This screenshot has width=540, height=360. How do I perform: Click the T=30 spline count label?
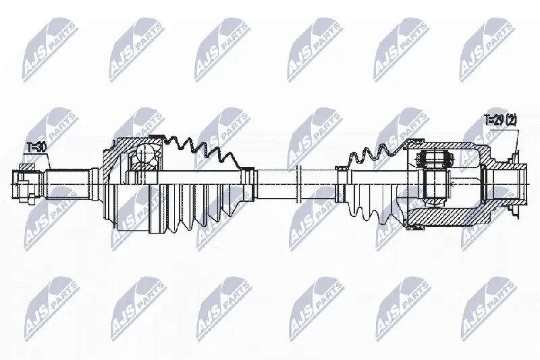click(36, 147)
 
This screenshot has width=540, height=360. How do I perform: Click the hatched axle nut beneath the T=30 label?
click(27, 168)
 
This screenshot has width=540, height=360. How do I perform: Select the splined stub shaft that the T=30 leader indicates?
click(67, 184)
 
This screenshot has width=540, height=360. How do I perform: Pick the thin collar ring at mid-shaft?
click(298, 184)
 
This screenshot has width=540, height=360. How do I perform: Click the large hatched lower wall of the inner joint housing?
click(448, 216)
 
